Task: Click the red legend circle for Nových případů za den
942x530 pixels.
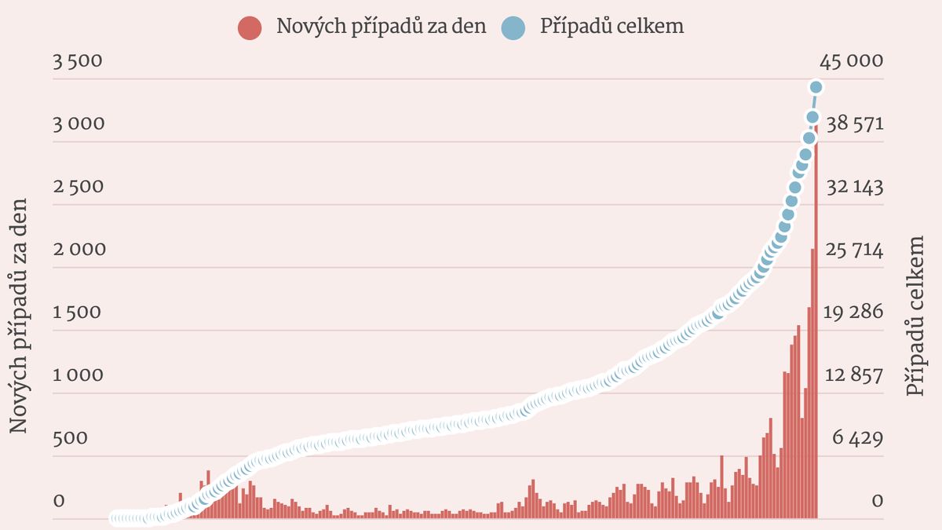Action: tap(249, 27)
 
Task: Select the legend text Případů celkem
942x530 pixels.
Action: tap(612, 26)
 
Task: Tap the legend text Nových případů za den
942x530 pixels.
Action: tap(382, 26)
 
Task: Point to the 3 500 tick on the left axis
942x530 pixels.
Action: tap(78, 61)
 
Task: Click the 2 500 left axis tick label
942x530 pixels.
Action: tap(78, 187)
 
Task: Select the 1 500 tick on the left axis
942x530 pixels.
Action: tap(78, 313)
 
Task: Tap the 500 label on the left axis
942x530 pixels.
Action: tap(70, 438)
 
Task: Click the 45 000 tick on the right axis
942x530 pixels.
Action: tap(851, 61)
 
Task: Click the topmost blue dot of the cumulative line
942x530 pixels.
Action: tap(816, 87)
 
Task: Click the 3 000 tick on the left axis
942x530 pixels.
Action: tap(78, 124)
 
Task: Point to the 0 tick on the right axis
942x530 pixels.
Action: tap(878, 501)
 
